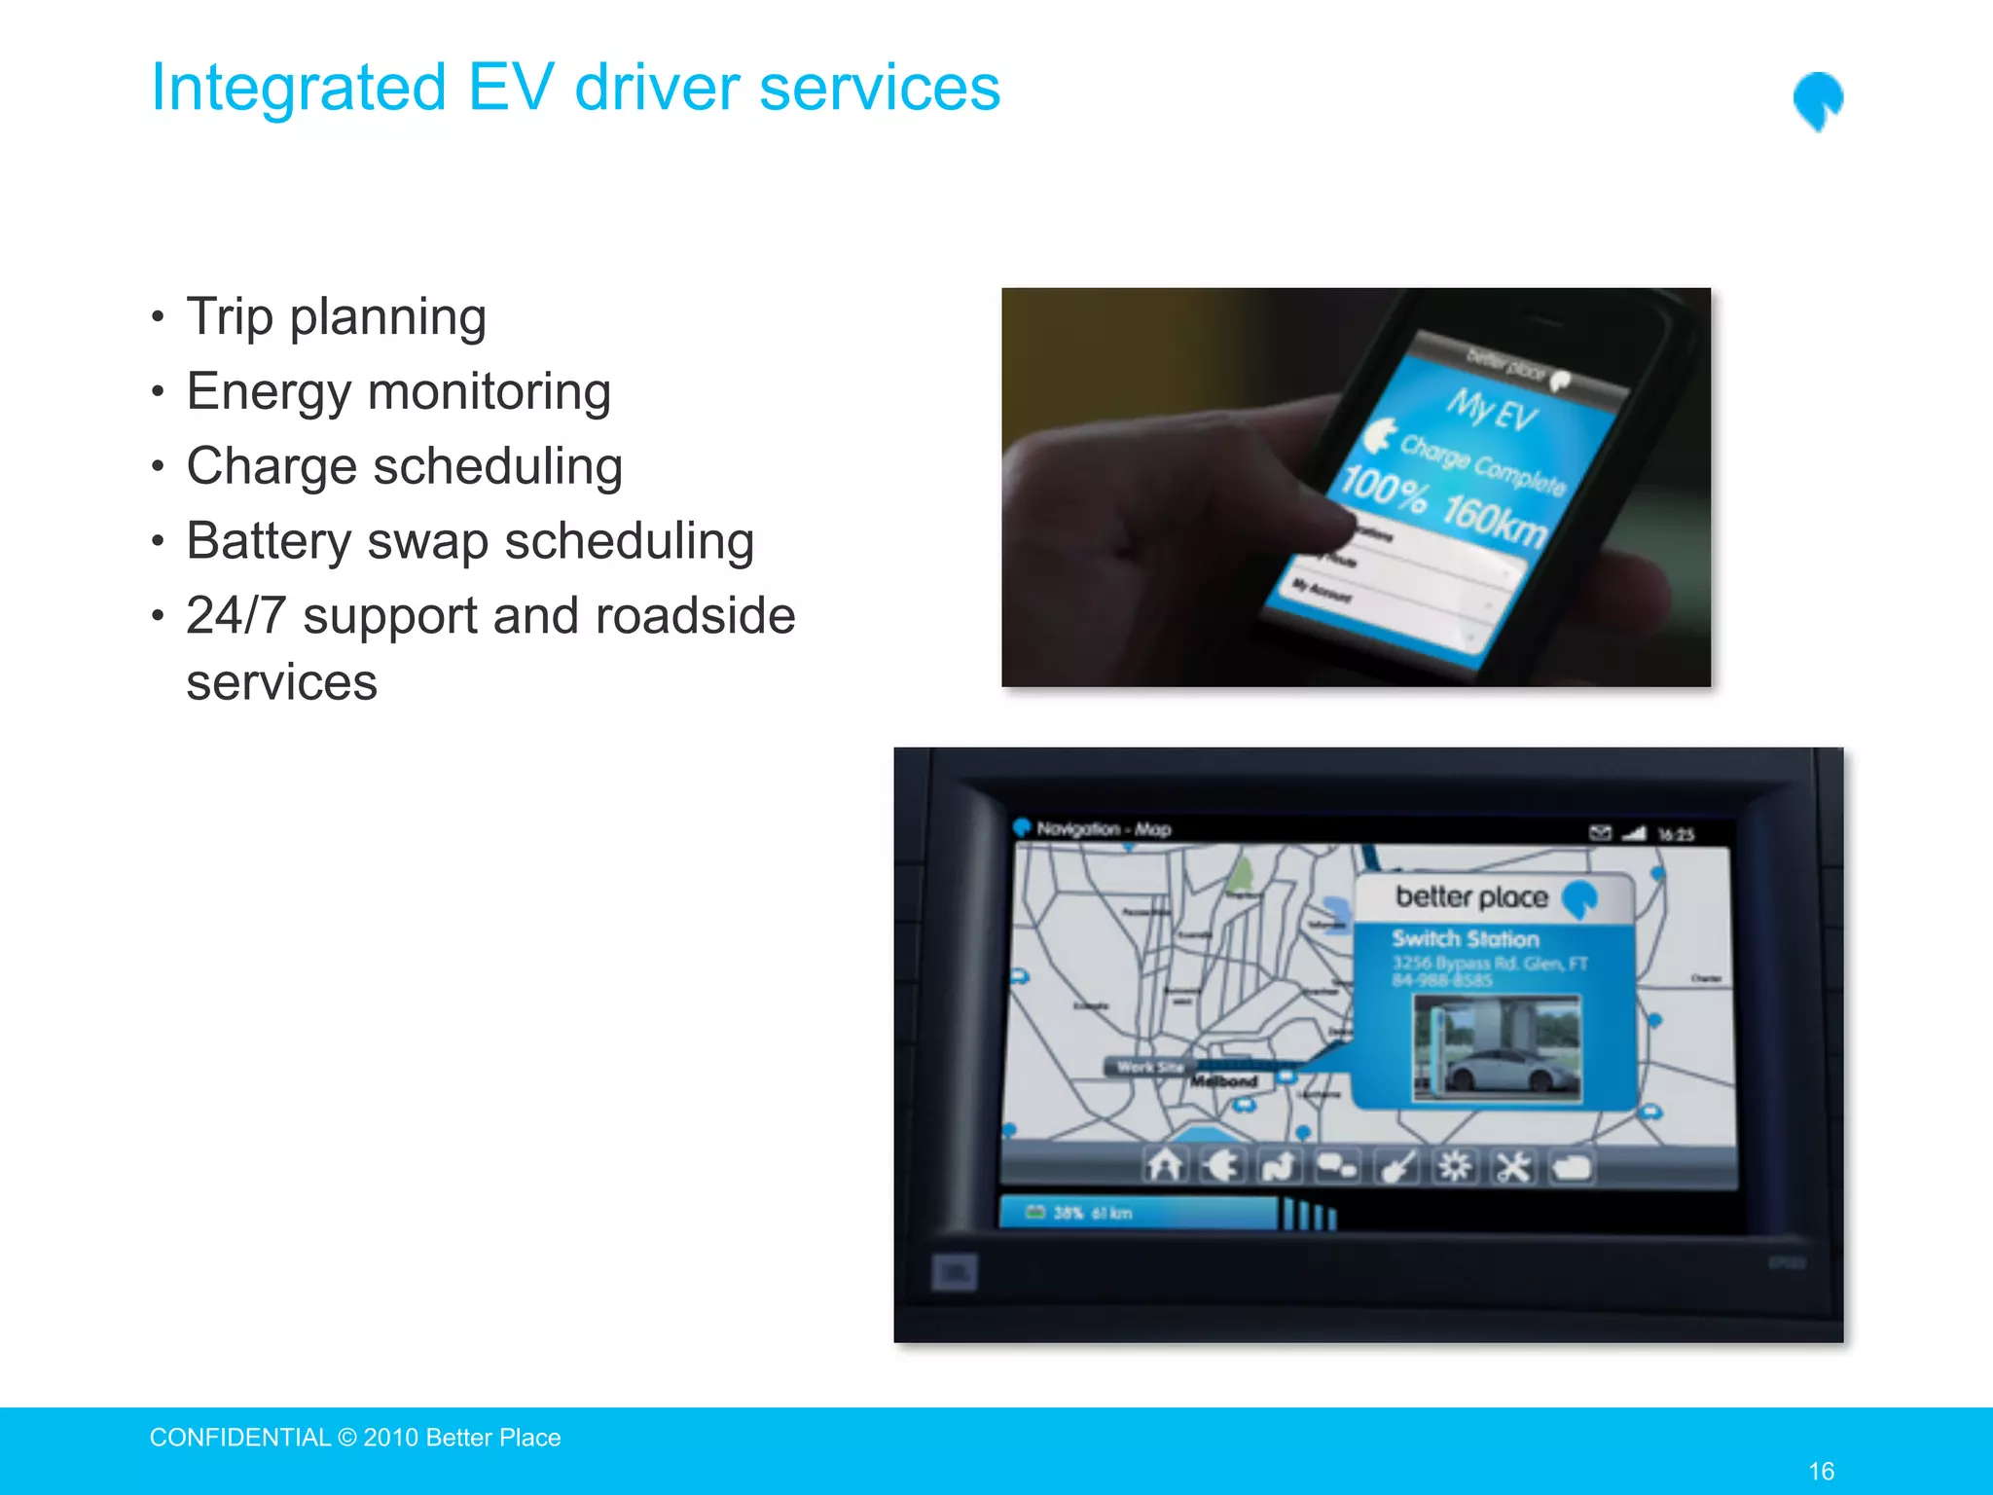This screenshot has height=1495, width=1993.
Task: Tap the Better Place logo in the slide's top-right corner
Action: (1818, 100)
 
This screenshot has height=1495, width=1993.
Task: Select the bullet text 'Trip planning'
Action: (336, 316)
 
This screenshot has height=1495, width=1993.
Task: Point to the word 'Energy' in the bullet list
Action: (269, 392)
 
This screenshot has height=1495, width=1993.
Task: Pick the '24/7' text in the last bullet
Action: (236, 616)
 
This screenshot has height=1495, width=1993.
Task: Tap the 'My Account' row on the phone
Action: (1322, 590)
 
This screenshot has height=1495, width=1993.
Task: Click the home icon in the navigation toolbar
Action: (1165, 1165)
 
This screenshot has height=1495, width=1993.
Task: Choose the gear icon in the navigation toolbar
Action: (1455, 1165)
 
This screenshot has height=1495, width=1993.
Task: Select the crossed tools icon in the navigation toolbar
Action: (1513, 1166)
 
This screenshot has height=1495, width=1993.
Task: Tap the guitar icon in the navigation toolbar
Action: (1397, 1166)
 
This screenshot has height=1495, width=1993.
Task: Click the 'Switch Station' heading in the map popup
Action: (1465, 939)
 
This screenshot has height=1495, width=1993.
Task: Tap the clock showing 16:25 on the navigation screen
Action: (1676, 834)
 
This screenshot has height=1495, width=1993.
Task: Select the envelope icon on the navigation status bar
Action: (1600, 832)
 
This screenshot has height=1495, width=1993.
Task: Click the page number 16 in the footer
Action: (1821, 1471)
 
